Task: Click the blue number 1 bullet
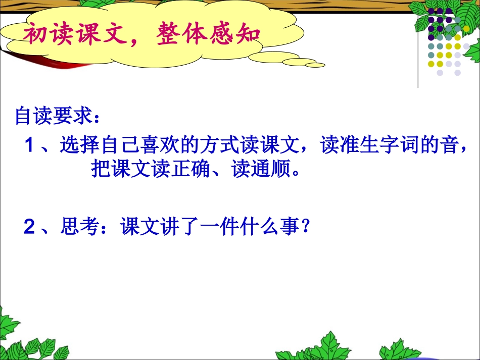tap(30, 146)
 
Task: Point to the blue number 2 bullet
tap(30, 228)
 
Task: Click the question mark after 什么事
tap(305, 228)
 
